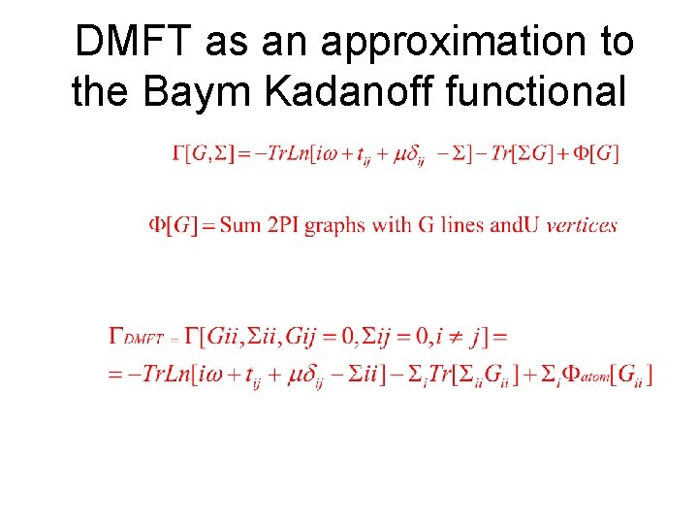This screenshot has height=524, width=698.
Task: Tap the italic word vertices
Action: pyautogui.click(x=582, y=225)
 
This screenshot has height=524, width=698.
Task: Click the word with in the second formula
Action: pyautogui.click(x=391, y=225)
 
